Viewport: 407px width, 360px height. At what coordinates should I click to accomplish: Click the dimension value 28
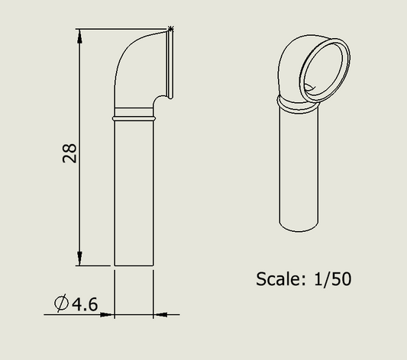pyautogui.click(x=69, y=153)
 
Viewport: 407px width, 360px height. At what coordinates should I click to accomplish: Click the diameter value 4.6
pyautogui.click(x=85, y=304)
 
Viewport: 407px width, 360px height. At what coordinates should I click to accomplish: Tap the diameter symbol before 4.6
pyautogui.click(x=62, y=303)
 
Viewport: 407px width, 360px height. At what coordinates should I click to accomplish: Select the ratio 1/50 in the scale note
pyautogui.click(x=333, y=279)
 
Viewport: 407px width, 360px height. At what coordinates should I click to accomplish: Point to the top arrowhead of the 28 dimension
pyautogui.click(x=79, y=36)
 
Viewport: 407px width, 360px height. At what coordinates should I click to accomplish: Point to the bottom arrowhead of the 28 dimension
pyautogui.click(x=79, y=259)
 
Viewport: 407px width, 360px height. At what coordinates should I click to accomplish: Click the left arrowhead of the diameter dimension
pyautogui.click(x=108, y=315)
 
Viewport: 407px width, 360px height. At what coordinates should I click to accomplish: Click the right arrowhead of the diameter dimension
pyautogui.click(x=160, y=315)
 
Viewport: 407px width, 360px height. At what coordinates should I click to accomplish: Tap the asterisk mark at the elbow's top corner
pyautogui.click(x=170, y=28)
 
